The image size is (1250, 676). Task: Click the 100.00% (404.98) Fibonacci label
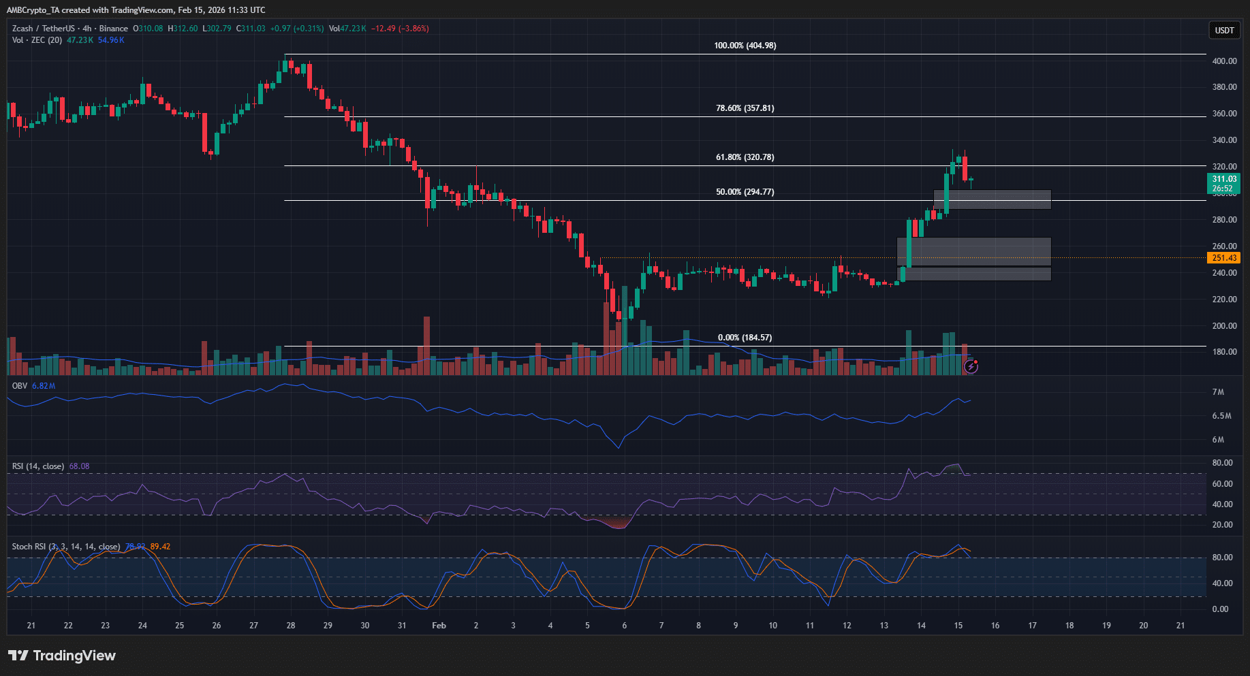[x=745, y=46]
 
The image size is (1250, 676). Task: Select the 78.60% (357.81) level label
[x=745, y=108]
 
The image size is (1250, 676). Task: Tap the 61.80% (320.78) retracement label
[x=745, y=157]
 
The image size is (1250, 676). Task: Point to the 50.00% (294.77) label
[x=745, y=192]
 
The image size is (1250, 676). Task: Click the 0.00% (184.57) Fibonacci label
[x=745, y=338]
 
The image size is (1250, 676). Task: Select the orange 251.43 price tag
[x=1223, y=258]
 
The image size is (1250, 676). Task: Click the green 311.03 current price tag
[x=1223, y=179]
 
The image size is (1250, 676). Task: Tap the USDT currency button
[x=1224, y=30]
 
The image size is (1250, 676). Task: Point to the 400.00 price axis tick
[x=1224, y=61]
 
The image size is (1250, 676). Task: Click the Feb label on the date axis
[x=439, y=626]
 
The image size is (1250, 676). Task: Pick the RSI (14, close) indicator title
[x=38, y=466]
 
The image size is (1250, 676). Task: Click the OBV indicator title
[x=20, y=386]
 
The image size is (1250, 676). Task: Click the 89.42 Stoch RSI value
[x=160, y=547]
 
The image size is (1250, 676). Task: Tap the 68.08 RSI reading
[x=79, y=466]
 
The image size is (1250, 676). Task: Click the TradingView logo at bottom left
[x=62, y=656]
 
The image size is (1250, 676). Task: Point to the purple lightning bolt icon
[x=971, y=367]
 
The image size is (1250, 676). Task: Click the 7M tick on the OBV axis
[x=1218, y=392]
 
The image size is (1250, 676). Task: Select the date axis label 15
[x=958, y=626]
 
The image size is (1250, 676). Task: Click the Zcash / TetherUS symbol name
[x=44, y=29]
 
